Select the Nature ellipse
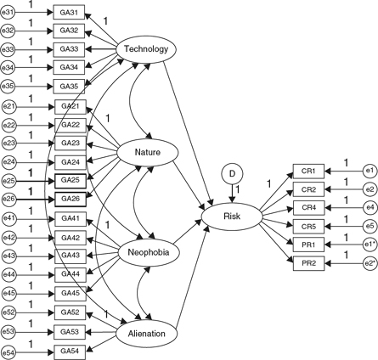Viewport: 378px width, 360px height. pyautogui.click(x=148, y=151)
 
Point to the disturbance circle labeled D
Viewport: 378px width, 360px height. pyautogui.click(x=232, y=174)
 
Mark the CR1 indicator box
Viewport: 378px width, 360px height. pyautogui.click(x=309, y=171)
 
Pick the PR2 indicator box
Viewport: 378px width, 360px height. pyautogui.click(x=309, y=262)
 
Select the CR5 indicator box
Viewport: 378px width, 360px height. pyautogui.click(x=309, y=226)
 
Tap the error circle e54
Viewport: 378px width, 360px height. pyautogui.click(x=10, y=350)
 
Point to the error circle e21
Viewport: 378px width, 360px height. pyautogui.click(x=10, y=106)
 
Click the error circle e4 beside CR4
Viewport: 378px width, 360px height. pyautogui.click(x=368, y=207)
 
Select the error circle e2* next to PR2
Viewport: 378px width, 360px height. pyautogui.click(x=368, y=262)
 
